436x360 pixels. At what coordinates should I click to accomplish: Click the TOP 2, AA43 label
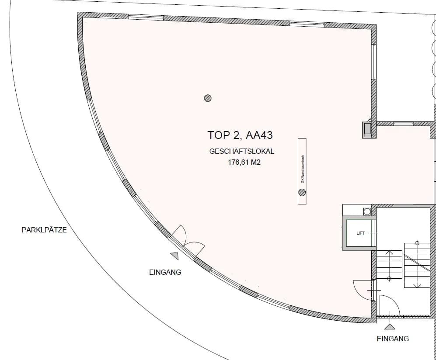240,135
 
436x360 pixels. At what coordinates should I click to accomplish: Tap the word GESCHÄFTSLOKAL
242,152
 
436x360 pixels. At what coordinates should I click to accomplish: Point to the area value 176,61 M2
244,162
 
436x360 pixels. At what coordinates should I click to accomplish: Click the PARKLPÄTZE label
44,230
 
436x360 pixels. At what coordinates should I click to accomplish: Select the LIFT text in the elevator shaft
360,233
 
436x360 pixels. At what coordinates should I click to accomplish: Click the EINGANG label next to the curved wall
165,272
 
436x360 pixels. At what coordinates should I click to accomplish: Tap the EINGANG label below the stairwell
393,339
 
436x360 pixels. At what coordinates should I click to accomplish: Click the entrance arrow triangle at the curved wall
174,256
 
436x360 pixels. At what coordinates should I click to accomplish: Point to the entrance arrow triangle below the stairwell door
389,326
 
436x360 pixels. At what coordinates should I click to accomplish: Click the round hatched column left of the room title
208,98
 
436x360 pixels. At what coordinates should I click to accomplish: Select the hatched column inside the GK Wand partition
302,192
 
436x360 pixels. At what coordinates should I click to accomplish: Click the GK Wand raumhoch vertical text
303,169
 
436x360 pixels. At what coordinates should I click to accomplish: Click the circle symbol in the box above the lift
367,211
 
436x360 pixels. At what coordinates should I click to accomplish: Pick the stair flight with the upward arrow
389,265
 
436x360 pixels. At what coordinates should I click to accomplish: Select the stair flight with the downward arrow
417,265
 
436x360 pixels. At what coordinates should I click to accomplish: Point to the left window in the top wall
146,17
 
